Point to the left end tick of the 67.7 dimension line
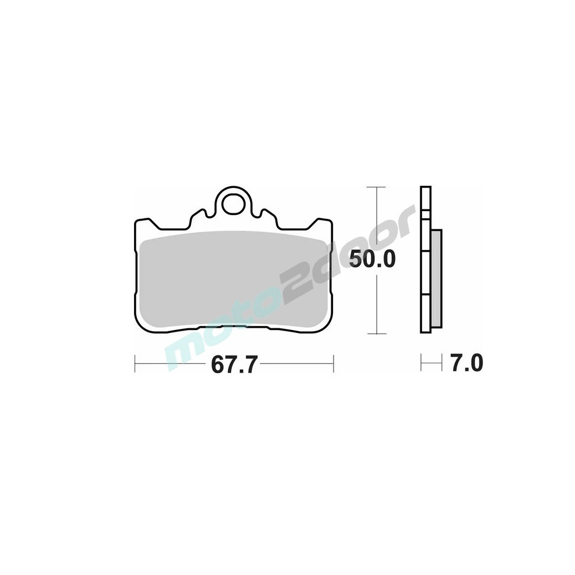(x=135, y=363)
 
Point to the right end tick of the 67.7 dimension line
(x=333, y=363)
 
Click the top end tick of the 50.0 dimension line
(x=376, y=187)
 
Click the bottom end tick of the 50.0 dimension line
(x=376, y=333)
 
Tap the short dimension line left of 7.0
(x=432, y=363)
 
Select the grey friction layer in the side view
(x=437, y=279)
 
